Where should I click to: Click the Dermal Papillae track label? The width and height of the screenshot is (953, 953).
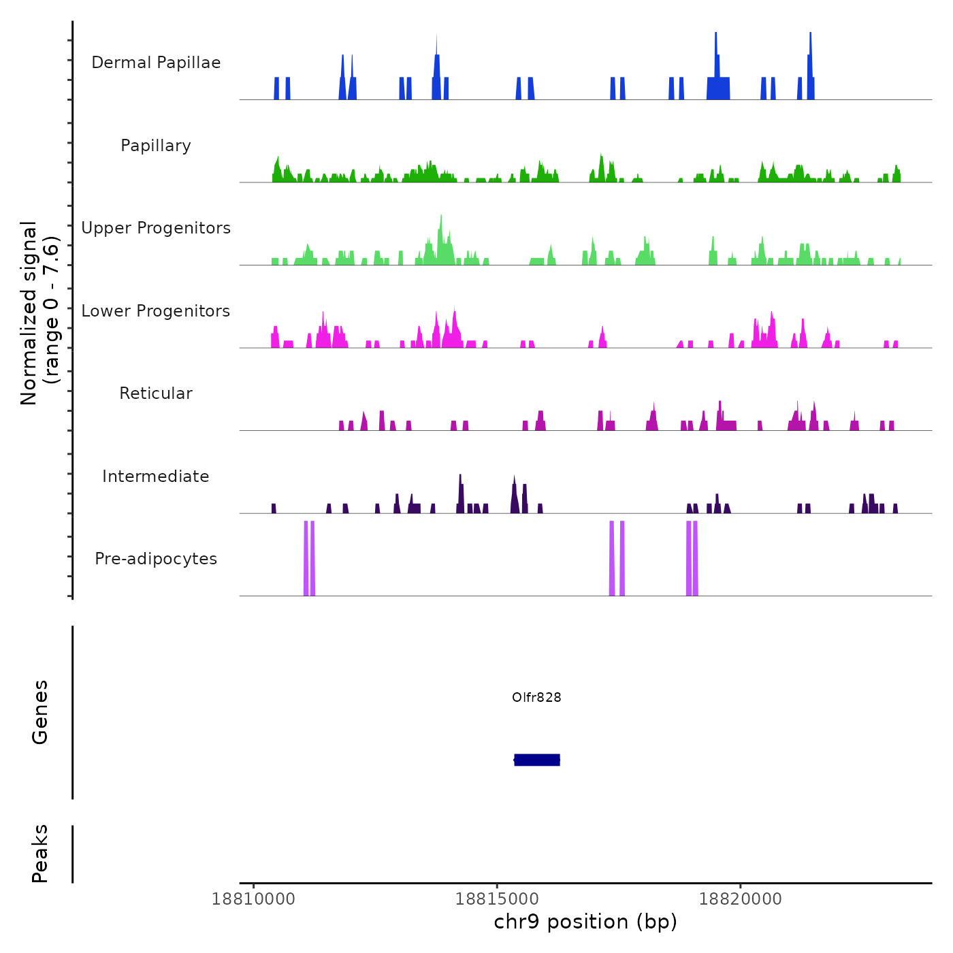pyautogui.click(x=156, y=63)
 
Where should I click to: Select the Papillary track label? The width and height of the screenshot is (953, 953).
pyautogui.click(x=156, y=146)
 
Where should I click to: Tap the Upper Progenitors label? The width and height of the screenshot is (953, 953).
pyautogui.click(x=156, y=228)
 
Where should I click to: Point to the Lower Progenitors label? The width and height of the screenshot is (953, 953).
pyautogui.click(x=156, y=311)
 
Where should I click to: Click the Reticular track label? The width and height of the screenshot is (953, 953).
pyautogui.click(x=156, y=393)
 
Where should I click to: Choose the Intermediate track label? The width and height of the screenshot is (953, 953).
pyautogui.click(x=156, y=476)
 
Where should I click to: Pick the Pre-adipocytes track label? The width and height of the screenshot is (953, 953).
pyautogui.click(x=156, y=559)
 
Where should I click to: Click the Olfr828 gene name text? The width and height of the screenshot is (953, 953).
pyautogui.click(x=536, y=697)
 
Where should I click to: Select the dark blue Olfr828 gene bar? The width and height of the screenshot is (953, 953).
pyautogui.click(x=537, y=760)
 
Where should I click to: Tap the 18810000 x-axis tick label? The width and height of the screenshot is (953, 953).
pyautogui.click(x=254, y=899)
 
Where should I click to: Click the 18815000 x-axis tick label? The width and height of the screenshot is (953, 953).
pyautogui.click(x=497, y=899)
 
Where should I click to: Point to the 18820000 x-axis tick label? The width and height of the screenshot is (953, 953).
pyautogui.click(x=741, y=899)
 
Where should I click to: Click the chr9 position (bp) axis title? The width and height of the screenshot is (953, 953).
pyautogui.click(x=585, y=922)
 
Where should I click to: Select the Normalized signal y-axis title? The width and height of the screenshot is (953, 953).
pyautogui.click(x=39, y=313)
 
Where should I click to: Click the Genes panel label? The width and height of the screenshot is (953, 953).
pyautogui.click(x=40, y=712)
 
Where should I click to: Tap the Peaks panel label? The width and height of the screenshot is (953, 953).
pyautogui.click(x=40, y=854)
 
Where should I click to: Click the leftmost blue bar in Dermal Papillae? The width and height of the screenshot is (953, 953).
pyautogui.click(x=276, y=88)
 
